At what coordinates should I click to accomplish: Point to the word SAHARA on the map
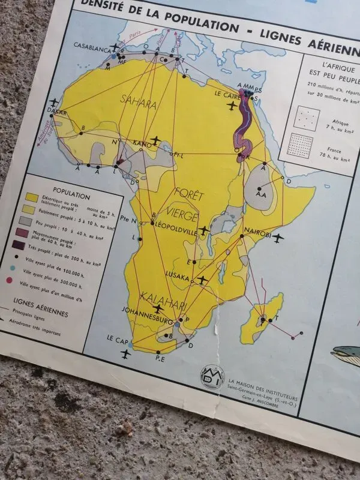140,104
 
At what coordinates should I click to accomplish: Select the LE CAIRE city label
227,95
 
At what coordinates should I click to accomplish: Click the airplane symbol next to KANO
157,140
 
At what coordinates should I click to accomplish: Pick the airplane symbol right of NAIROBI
277,239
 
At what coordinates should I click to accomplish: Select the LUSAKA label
178,277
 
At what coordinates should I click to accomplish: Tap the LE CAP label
118,338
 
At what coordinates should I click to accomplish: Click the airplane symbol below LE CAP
125,354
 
